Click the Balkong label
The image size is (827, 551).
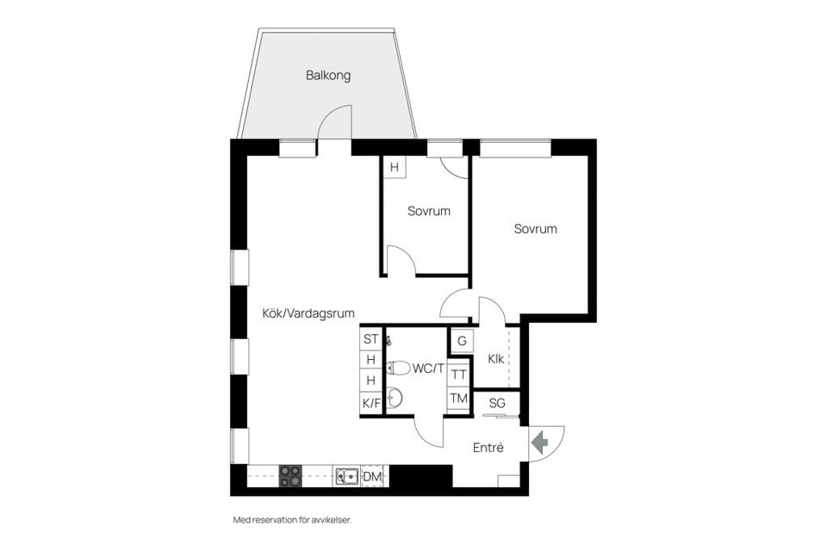[x=328, y=76]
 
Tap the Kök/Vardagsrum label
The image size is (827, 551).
[x=308, y=314]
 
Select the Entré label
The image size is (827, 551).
[x=488, y=448]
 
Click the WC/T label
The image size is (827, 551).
[x=427, y=368]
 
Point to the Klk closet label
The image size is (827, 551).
[x=495, y=359]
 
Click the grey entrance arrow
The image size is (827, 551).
[x=540, y=443]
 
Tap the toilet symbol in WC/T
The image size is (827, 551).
[x=398, y=368]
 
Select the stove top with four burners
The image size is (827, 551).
[x=290, y=476]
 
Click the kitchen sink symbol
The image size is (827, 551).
[x=347, y=476]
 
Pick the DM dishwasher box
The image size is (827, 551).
[x=373, y=476]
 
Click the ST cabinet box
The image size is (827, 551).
[x=370, y=338]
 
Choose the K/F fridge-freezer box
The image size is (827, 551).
[x=370, y=402]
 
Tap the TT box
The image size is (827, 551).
[x=459, y=375]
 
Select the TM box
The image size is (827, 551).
[x=459, y=398]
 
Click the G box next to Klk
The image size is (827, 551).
[x=462, y=341]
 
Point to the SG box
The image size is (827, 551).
[x=497, y=403]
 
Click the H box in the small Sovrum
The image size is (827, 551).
[x=394, y=167]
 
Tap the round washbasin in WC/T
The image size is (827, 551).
[x=395, y=398]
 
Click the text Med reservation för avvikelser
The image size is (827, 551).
[x=292, y=520]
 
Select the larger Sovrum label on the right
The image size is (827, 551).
[x=535, y=229]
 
